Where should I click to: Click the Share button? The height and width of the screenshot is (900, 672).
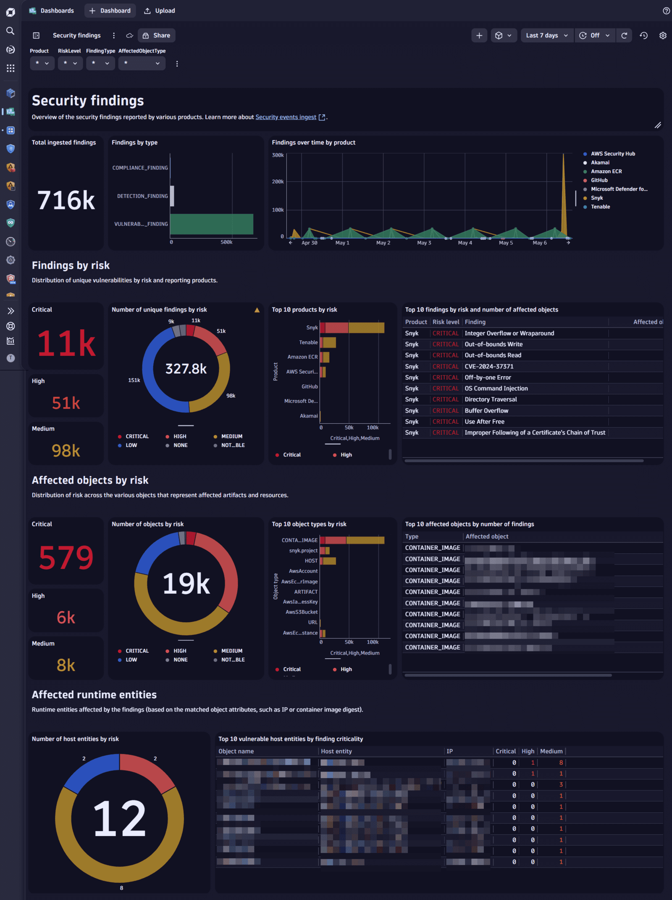coord(157,35)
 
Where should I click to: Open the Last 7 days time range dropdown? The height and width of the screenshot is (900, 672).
coord(546,35)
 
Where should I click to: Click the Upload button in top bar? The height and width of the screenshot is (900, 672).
coord(160,11)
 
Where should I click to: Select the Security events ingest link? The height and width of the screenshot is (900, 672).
coord(286,117)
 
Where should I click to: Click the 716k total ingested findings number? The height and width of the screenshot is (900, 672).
coord(66,200)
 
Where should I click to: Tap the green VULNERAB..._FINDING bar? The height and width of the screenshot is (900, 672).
coord(211,224)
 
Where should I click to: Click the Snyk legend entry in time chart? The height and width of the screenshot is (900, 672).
coord(596,198)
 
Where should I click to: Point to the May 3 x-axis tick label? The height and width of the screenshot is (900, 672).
coord(424,243)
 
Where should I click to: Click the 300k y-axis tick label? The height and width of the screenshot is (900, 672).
coord(278,155)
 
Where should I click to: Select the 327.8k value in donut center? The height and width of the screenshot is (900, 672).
coord(186,369)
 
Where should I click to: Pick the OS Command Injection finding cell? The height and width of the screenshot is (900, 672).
coord(496,388)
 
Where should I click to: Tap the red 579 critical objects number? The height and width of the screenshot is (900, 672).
coord(66,558)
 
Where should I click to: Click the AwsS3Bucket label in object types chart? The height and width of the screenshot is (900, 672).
coord(301,612)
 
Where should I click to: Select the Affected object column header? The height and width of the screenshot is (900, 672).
coord(487,537)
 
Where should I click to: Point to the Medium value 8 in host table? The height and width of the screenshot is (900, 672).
coord(561,763)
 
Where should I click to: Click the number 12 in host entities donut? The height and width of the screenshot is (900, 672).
coord(119,818)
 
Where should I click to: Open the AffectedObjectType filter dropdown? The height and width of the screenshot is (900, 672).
coord(142,63)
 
